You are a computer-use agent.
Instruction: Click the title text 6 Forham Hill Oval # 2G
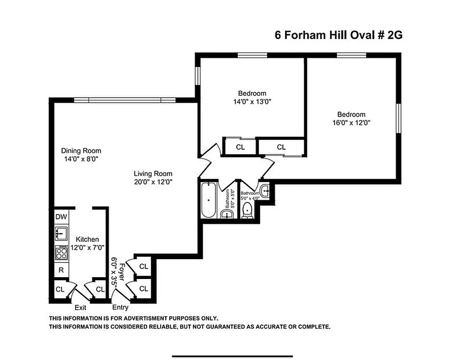(x=338, y=36)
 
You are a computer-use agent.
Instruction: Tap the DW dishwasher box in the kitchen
(x=61, y=217)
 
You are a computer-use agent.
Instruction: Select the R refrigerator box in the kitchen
(x=61, y=270)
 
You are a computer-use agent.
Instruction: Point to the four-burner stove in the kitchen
(x=62, y=252)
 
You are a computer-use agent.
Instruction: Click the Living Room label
(x=153, y=174)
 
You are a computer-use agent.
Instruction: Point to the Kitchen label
(x=87, y=239)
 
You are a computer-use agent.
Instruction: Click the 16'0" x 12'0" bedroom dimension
(x=352, y=122)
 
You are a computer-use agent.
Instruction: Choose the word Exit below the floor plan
(x=80, y=308)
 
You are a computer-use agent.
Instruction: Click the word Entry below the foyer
(x=120, y=308)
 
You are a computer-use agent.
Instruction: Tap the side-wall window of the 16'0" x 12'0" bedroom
(x=398, y=118)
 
